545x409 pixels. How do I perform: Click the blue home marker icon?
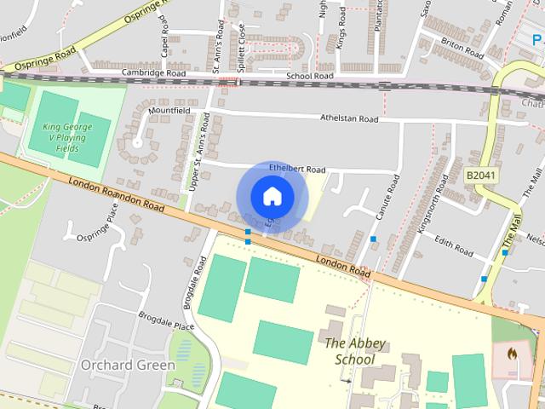tap(272, 197)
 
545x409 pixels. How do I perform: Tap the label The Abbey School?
tap(355, 351)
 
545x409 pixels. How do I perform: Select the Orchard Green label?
tap(128, 365)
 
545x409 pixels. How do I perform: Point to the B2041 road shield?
tap(479, 175)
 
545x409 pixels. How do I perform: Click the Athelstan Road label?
tap(349, 118)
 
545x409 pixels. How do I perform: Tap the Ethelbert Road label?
tap(297, 169)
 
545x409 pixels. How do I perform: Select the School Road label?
tap(309, 76)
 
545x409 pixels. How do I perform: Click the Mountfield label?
tap(169, 111)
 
